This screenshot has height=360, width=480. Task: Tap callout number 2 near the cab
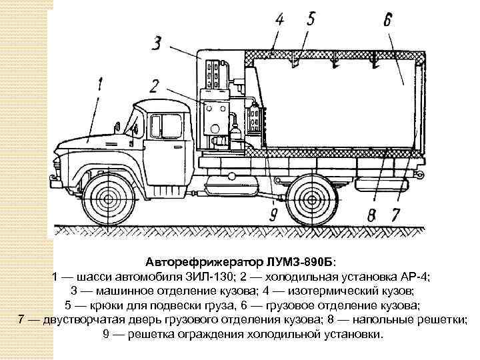(155, 85)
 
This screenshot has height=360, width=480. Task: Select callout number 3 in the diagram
(157, 45)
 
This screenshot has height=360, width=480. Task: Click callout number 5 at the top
(311, 18)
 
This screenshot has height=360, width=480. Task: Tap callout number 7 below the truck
(395, 215)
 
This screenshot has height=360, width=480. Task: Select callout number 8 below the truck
(371, 215)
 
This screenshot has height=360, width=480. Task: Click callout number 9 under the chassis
(273, 215)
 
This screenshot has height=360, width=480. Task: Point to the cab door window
(166, 127)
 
